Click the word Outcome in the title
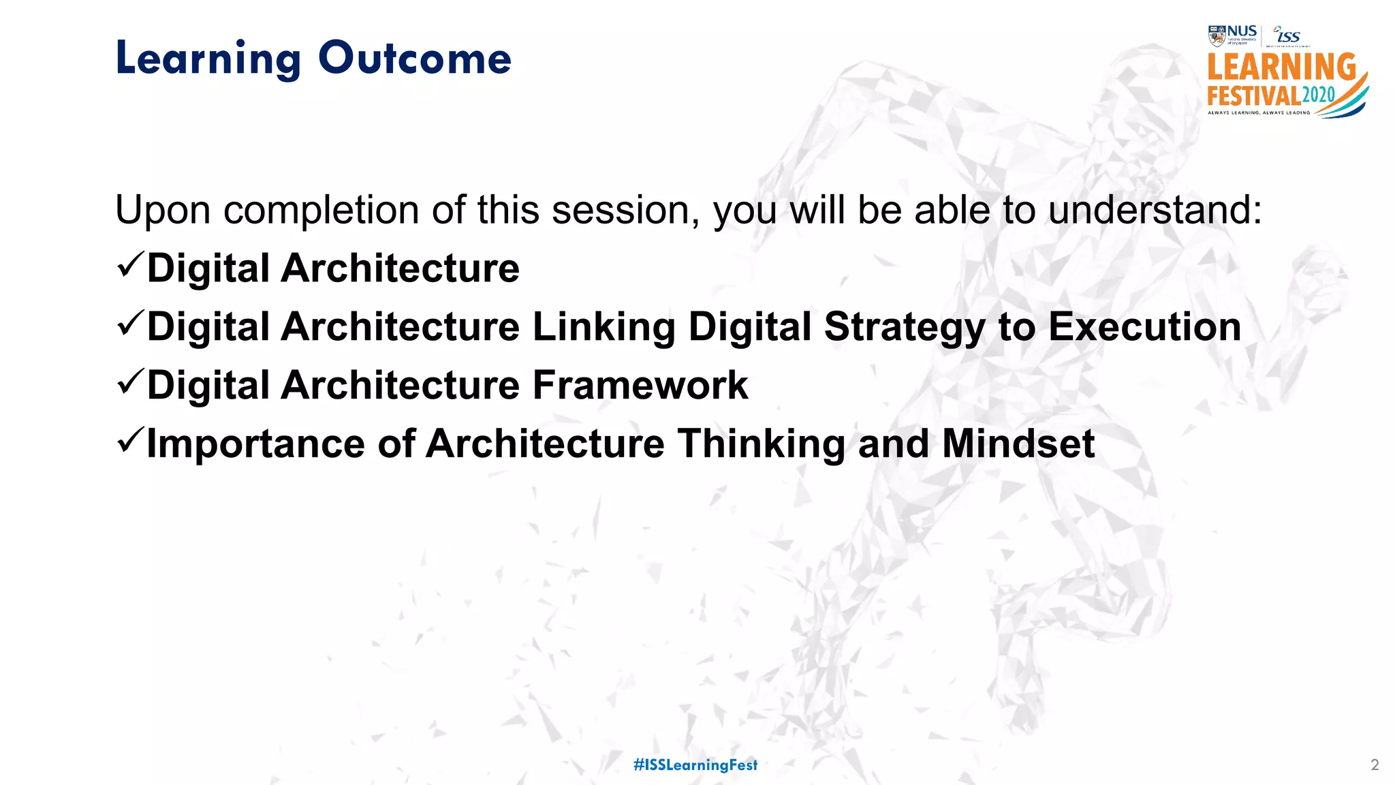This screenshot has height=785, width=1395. point(414,59)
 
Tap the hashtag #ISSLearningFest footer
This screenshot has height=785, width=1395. point(695,765)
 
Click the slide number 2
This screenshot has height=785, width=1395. point(1374,765)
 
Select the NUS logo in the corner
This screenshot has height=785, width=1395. point(1233,35)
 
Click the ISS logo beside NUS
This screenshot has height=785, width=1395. point(1287,35)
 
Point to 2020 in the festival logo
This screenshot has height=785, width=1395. point(1318,95)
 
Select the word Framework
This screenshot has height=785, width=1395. point(640,385)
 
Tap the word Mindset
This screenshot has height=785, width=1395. point(1018,444)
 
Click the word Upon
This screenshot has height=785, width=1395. point(163,211)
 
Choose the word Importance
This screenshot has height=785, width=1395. point(255,445)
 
